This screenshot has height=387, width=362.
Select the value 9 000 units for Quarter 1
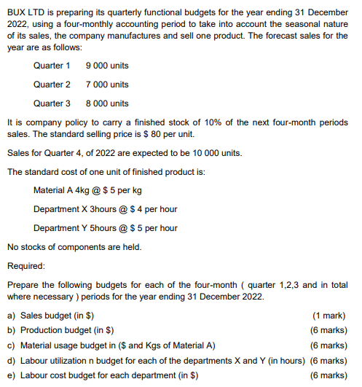(x=107, y=66)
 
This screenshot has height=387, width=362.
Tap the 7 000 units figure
(x=107, y=85)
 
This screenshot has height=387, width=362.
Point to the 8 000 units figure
(x=107, y=103)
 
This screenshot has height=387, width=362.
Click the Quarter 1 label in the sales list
(x=52, y=66)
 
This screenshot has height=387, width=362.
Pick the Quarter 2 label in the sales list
(x=52, y=85)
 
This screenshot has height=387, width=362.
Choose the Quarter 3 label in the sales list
(x=52, y=103)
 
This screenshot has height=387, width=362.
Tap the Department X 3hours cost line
(x=105, y=209)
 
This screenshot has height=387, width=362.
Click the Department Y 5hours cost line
(x=105, y=228)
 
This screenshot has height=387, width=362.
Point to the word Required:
(x=26, y=266)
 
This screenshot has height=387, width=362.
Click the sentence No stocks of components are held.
(x=73, y=247)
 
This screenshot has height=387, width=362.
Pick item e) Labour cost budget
(x=103, y=375)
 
